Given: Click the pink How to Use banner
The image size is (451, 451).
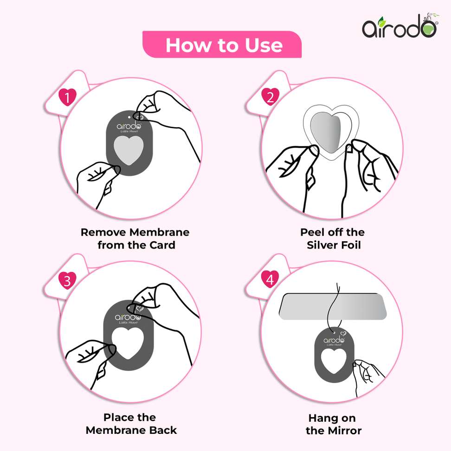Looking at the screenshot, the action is point(222,45).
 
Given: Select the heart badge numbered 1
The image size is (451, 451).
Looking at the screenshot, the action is point(68,97).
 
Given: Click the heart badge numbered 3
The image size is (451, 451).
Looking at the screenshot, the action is point(67,280).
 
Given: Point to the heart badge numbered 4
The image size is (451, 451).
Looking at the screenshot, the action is point(270,279).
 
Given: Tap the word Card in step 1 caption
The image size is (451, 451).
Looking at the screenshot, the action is point(162,245).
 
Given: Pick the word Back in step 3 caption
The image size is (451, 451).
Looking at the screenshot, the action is point(163,430).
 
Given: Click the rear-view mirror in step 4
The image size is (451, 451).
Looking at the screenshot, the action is point(333,307).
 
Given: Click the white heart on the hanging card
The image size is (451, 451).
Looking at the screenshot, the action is point(334,361).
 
